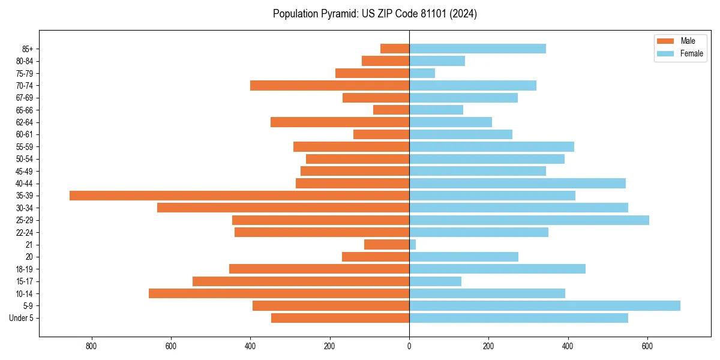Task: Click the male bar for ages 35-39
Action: (x=239, y=196)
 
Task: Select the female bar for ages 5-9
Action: (x=544, y=306)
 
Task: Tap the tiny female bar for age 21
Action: (x=413, y=245)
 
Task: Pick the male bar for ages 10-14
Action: (x=279, y=293)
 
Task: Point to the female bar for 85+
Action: (x=478, y=49)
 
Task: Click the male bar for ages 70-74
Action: (x=329, y=86)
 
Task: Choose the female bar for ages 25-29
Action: (x=529, y=220)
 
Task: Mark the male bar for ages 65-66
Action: (x=391, y=110)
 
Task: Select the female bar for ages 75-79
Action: (x=422, y=73)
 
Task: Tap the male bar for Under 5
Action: (x=340, y=318)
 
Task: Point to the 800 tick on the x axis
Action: (x=92, y=346)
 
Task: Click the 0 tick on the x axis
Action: (x=409, y=346)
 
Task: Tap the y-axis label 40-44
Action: (x=25, y=184)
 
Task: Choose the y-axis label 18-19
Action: (x=25, y=269)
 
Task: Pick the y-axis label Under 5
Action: (x=21, y=318)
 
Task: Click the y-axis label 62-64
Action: (x=25, y=122)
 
